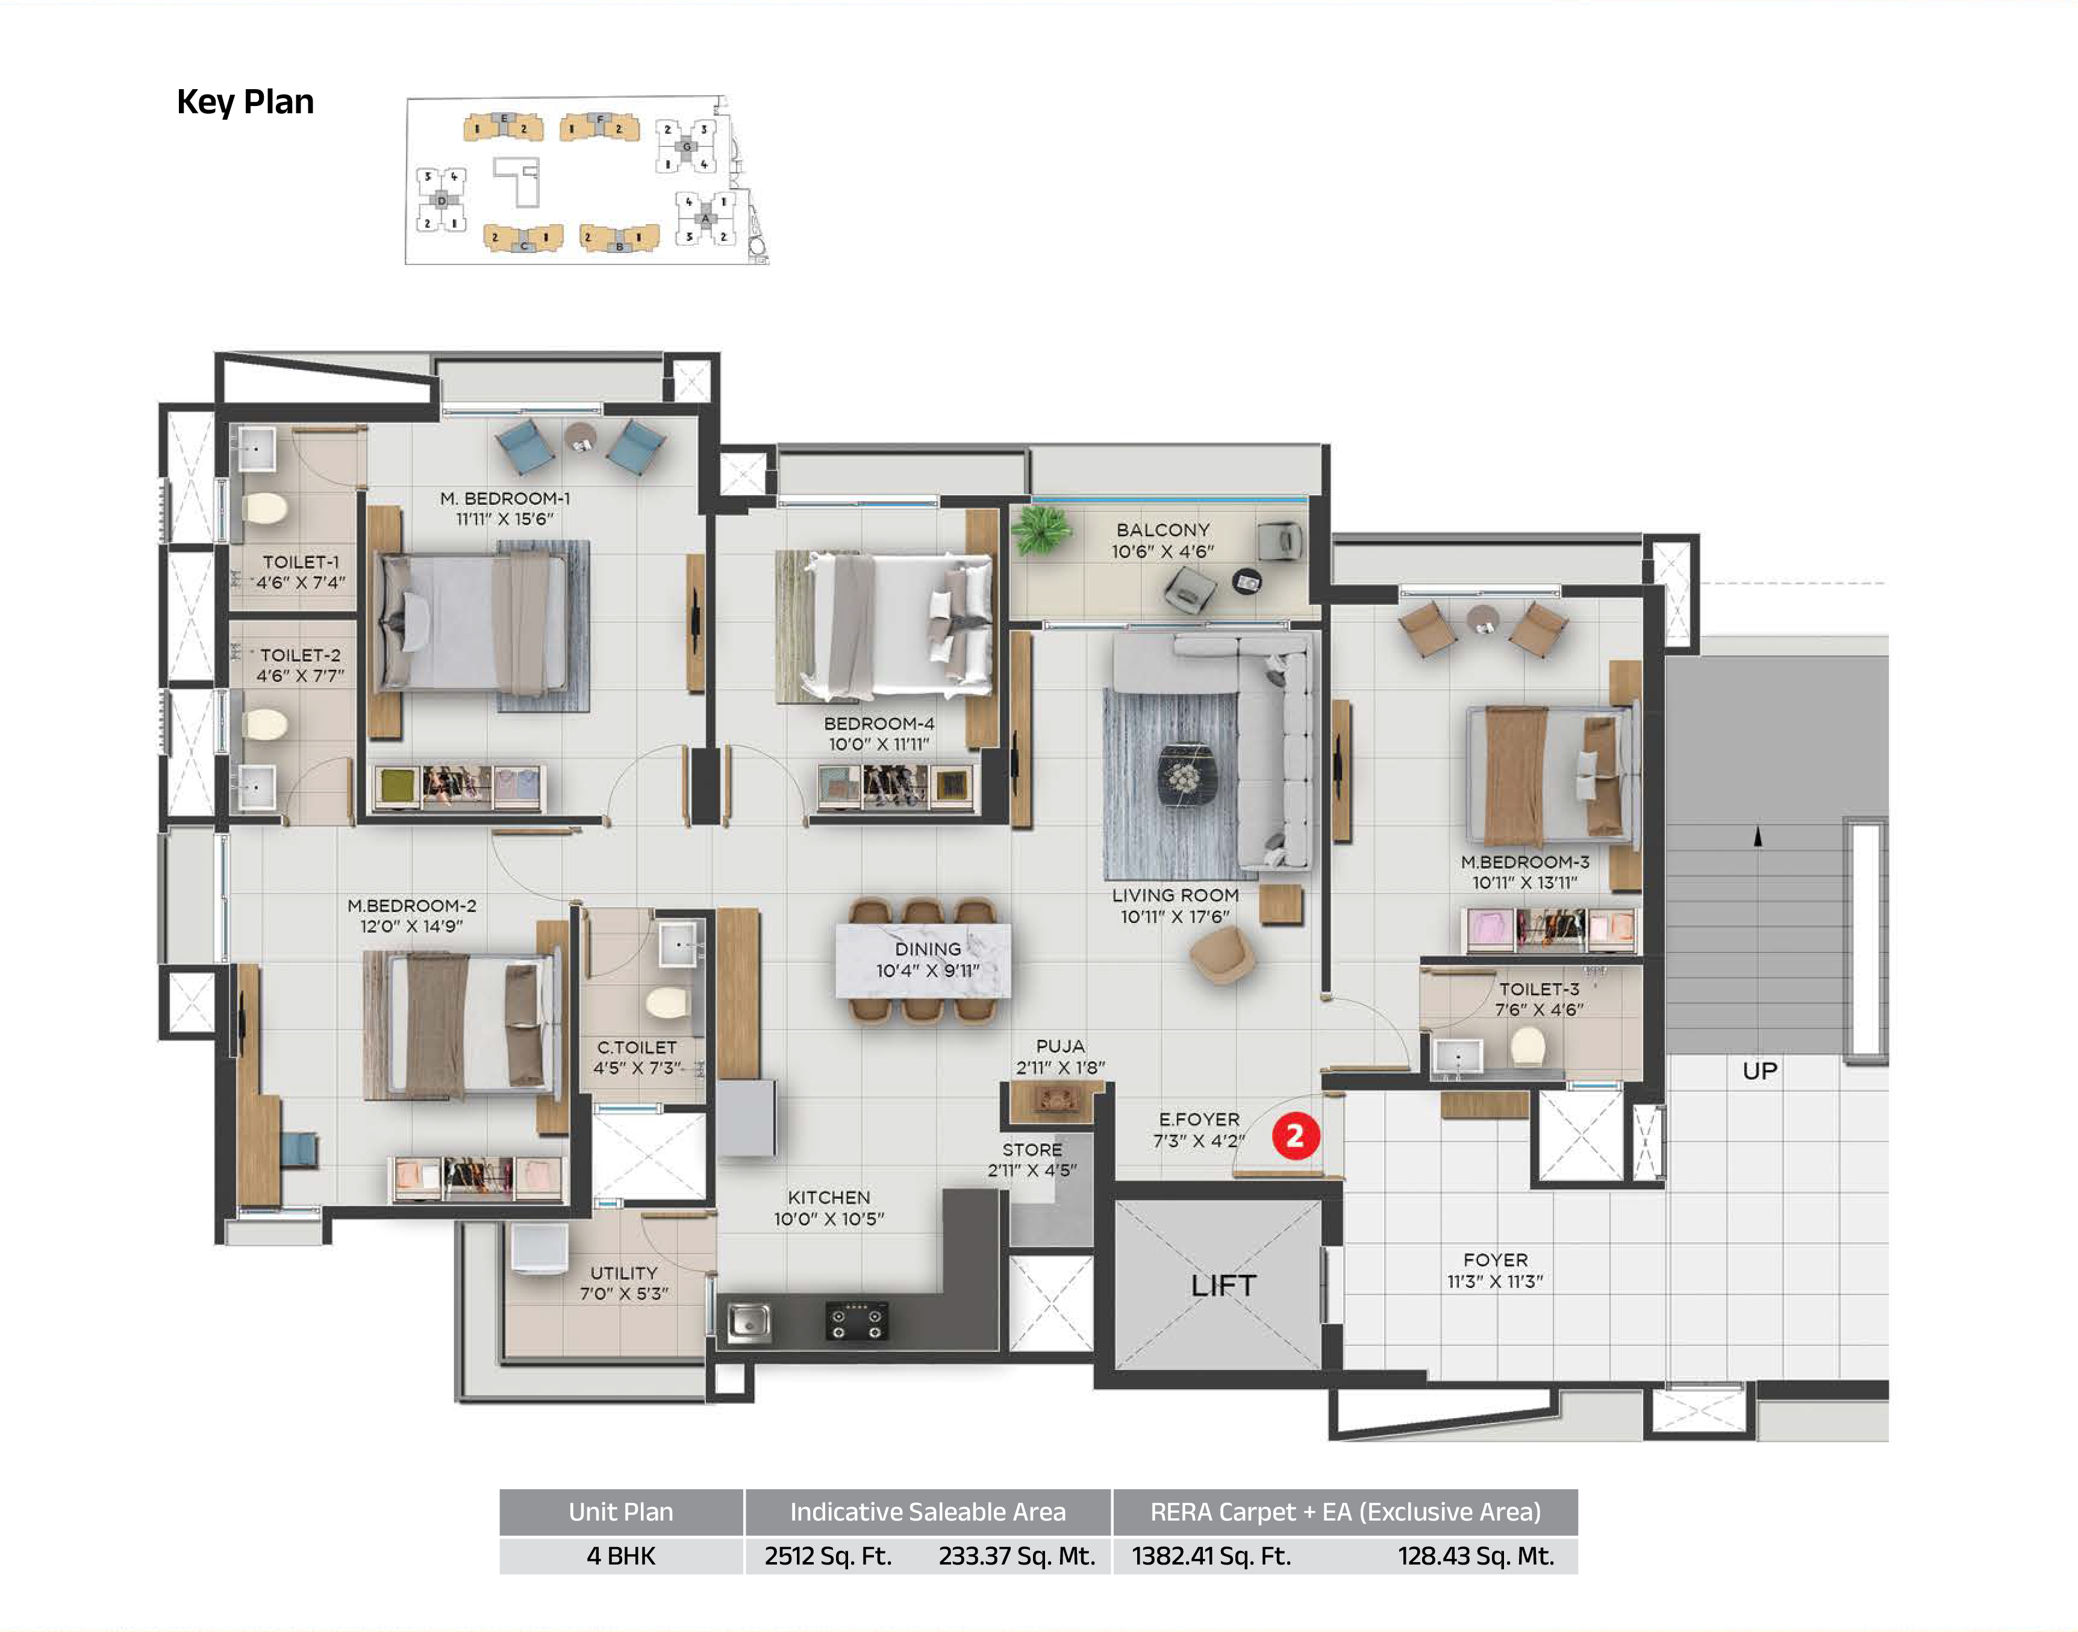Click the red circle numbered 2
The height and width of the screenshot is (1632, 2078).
coord(1296,1136)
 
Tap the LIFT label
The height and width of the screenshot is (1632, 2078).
coord(1224,1286)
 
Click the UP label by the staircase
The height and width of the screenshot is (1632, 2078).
coord(1760,1071)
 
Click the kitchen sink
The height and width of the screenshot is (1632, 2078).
coord(749,1322)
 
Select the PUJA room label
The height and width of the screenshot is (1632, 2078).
coord(1061,1046)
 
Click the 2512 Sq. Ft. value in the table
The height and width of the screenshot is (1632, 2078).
coord(828,1557)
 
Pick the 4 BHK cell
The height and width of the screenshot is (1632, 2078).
coord(621,1557)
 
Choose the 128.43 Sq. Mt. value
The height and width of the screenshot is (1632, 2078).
coord(1476,1557)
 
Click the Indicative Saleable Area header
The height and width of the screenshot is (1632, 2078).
coord(928,1512)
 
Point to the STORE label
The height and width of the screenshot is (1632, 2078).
coord(1032,1149)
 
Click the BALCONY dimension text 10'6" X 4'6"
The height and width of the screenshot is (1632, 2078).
coord(1162,551)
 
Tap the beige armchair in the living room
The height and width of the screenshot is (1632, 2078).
coord(1222,954)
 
